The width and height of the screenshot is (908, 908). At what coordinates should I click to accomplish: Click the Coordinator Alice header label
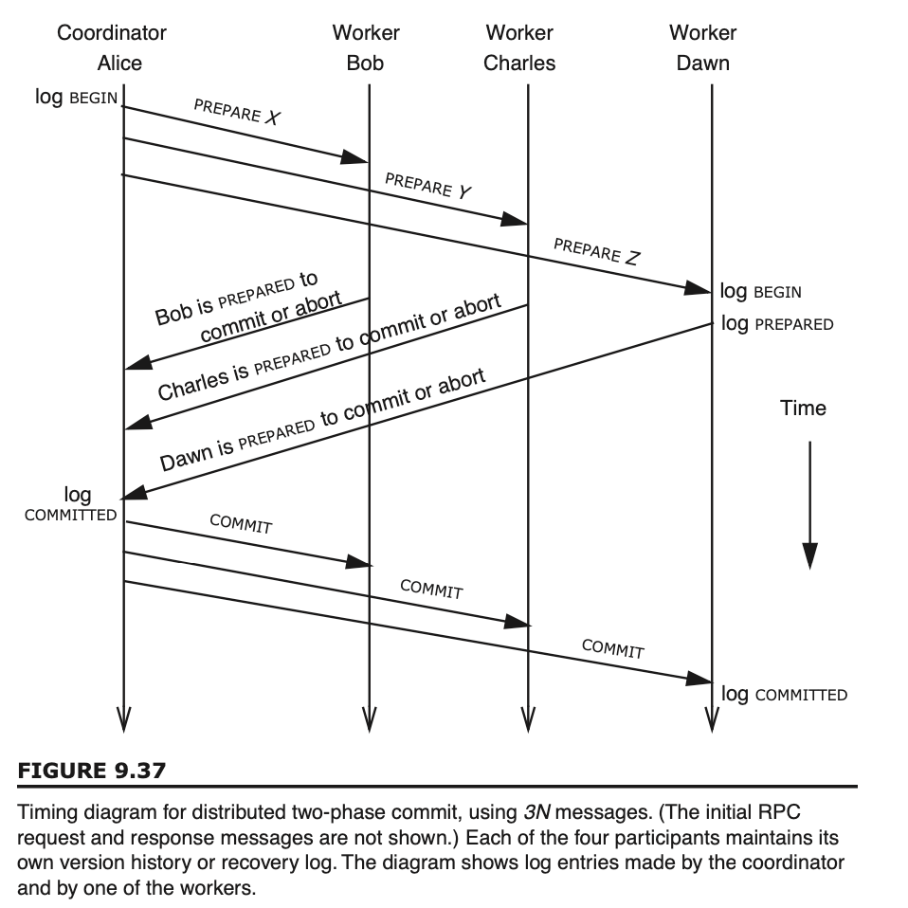[x=112, y=48]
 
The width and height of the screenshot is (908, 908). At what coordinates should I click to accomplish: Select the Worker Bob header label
[x=366, y=48]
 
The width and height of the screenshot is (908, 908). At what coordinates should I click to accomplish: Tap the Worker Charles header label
[x=519, y=48]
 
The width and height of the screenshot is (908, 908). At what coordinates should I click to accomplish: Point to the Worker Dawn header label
[x=702, y=48]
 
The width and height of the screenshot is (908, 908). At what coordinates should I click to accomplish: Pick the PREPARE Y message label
[x=428, y=185]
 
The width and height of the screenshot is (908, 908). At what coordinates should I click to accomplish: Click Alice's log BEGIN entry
[x=76, y=97]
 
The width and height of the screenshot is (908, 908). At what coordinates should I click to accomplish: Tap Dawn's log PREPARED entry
[x=777, y=323]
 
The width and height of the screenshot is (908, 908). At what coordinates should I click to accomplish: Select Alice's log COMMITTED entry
[x=72, y=504]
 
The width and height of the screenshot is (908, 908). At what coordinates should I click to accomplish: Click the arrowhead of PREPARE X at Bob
[x=358, y=158]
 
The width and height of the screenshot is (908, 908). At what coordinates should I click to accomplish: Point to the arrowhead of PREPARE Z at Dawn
[x=700, y=287]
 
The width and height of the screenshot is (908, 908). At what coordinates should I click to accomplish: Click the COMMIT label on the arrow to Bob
[x=241, y=524]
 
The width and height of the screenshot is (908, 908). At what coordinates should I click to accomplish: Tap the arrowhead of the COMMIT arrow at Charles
[x=518, y=623]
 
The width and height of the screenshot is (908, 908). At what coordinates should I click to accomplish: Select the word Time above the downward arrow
[x=803, y=408]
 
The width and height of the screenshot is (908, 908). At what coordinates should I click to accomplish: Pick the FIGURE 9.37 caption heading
[x=92, y=771]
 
